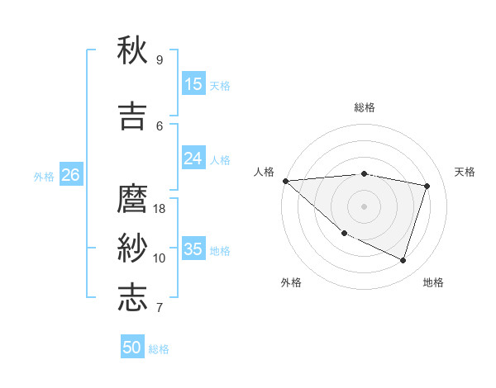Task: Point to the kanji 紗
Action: [x=132, y=248]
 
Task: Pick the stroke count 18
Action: [x=160, y=209]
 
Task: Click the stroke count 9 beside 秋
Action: [x=159, y=60]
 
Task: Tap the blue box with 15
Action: [x=193, y=83]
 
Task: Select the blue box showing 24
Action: [x=193, y=159]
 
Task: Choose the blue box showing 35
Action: [x=193, y=249]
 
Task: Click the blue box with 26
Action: [x=70, y=175]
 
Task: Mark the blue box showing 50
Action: [x=132, y=348]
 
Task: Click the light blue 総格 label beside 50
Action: [x=159, y=349]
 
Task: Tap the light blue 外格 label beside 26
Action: [x=44, y=176]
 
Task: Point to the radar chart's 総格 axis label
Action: [x=364, y=107]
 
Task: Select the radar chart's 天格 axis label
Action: [x=465, y=172]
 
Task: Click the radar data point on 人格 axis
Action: [x=285, y=181]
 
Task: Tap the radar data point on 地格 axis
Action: [x=403, y=260]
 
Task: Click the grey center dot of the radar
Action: [x=364, y=206]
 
